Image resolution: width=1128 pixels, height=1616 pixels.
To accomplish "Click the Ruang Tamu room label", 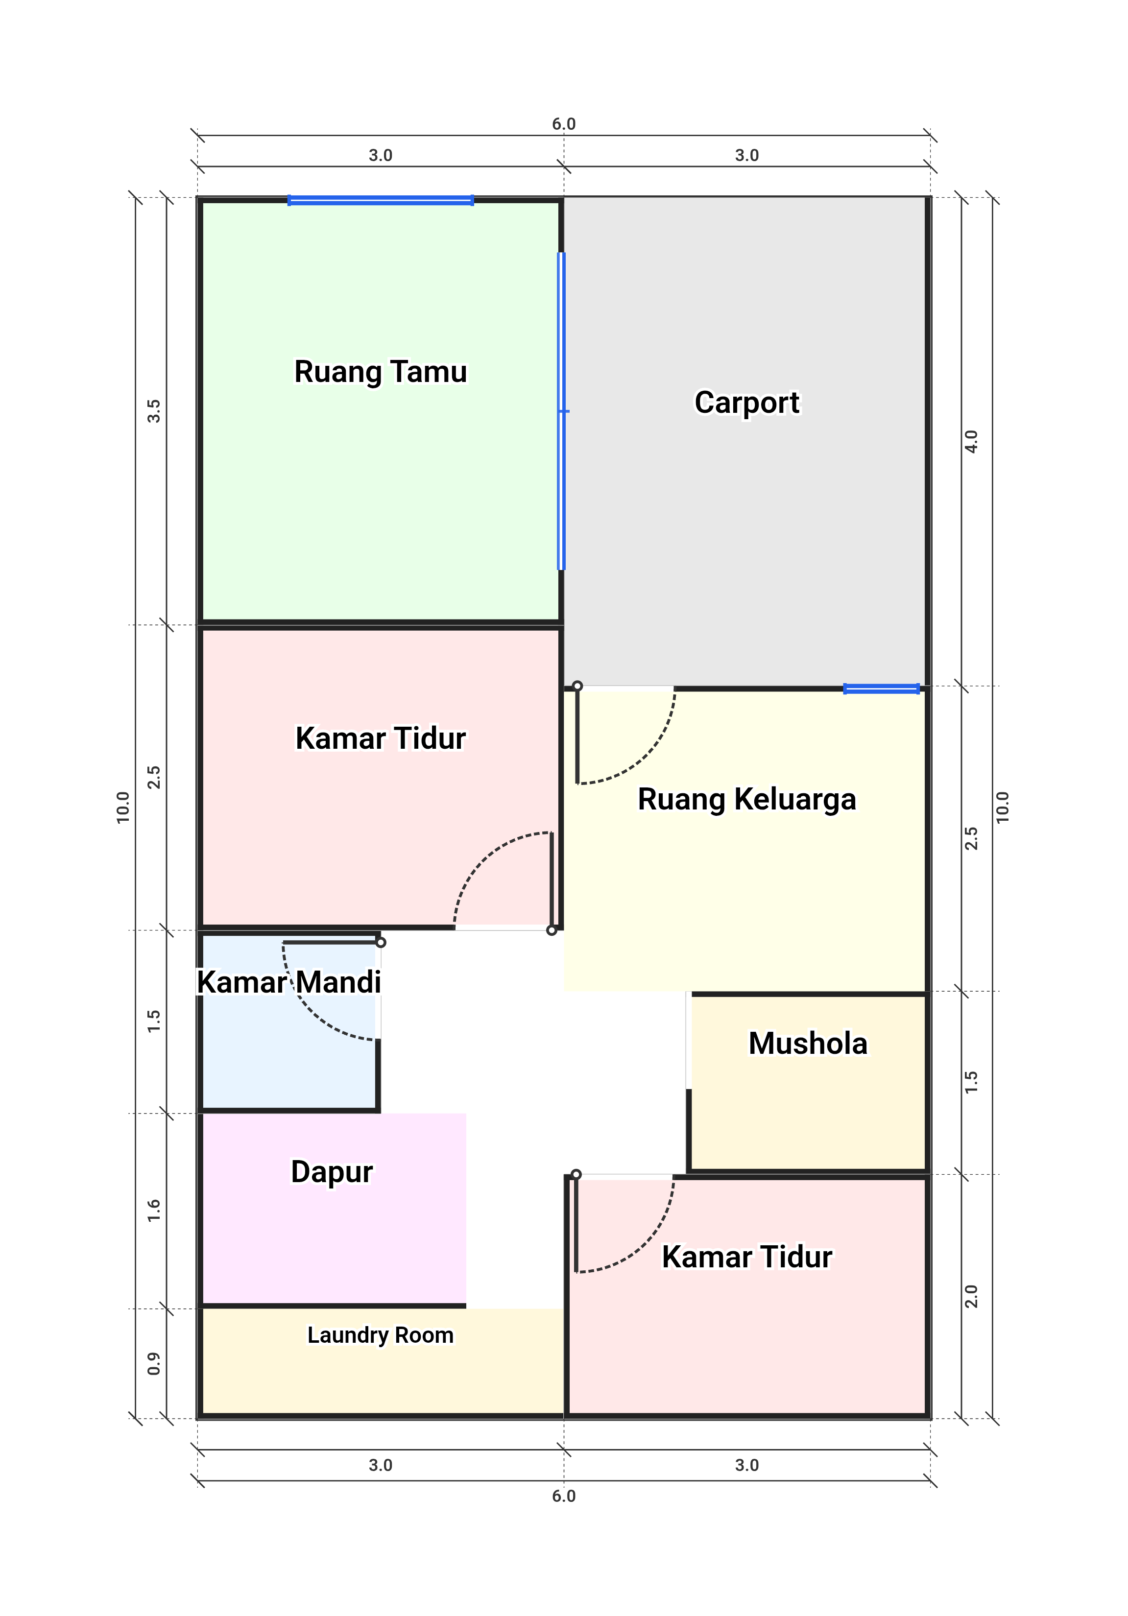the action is pos(380,372).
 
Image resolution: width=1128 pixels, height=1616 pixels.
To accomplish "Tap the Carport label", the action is pos(747,403).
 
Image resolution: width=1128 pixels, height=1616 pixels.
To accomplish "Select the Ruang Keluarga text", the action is pos(747,800).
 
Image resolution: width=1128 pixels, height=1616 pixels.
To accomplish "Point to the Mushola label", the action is pos(808,1043).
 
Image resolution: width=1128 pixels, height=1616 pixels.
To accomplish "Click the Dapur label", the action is pos(332,1172).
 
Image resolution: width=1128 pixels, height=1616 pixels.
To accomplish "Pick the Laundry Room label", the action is pos(380,1335).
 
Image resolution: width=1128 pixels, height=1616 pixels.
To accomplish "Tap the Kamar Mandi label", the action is pos(288,982).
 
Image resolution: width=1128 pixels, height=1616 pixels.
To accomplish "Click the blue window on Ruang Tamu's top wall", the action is pos(380,201).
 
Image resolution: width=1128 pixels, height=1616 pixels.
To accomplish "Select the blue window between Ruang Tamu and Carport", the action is pos(562,411).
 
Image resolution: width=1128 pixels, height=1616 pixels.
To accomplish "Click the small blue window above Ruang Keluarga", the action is pos(882,689).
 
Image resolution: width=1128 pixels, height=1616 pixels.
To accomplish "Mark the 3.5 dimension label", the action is pos(153,411).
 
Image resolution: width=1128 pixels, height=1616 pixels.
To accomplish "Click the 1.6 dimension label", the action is pos(153,1211).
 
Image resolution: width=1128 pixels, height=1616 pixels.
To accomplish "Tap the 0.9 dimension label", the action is pos(153,1363).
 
